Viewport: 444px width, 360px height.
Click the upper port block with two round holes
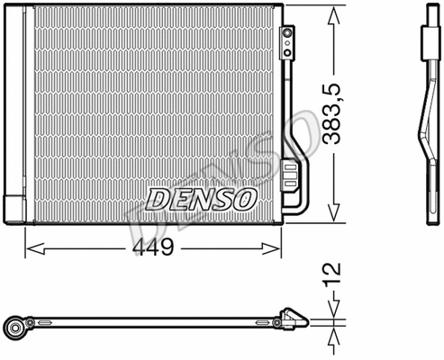pos(288,37)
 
